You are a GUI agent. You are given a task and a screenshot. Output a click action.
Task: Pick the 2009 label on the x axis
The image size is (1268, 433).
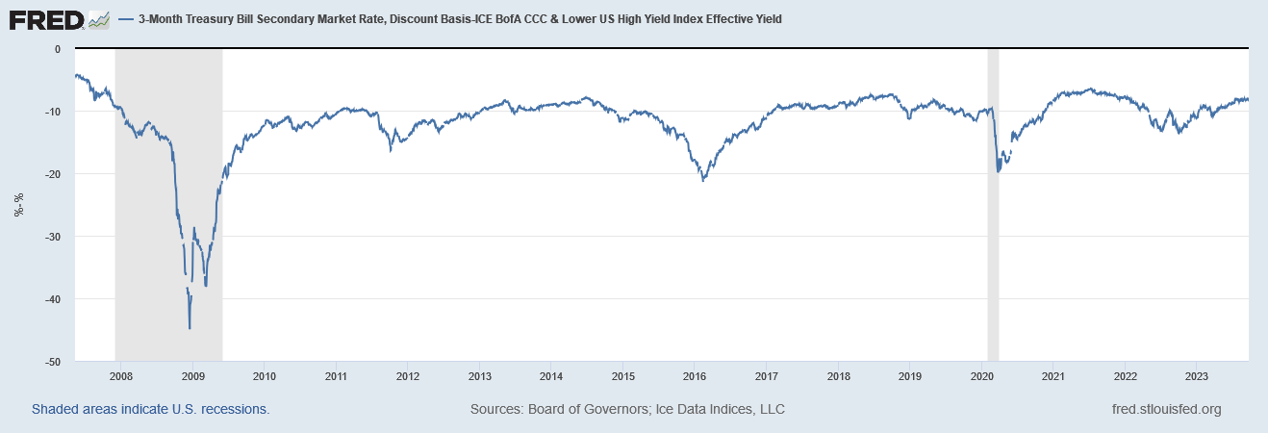point(193,375)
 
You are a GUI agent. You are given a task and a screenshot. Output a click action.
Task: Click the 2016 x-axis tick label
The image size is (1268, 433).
point(696,375)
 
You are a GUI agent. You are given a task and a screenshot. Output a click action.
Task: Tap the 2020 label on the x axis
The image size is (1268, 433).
point(982,375)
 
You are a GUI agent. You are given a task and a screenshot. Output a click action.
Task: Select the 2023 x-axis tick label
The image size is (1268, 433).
point(1197,375)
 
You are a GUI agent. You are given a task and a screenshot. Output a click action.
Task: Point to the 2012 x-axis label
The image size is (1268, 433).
point(408,375)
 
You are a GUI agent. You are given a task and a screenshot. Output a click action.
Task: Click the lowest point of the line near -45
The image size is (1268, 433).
point(190,328)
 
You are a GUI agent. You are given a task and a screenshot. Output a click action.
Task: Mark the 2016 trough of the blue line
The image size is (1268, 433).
point(703,180)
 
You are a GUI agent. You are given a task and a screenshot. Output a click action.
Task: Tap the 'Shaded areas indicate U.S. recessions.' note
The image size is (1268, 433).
point(150,409)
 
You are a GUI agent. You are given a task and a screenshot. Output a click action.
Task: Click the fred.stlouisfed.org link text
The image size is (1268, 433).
point(1166,409)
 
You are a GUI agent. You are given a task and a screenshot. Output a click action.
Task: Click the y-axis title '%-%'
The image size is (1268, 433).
point(18,205)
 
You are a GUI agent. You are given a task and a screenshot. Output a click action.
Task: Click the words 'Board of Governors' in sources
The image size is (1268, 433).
point(588,409)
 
